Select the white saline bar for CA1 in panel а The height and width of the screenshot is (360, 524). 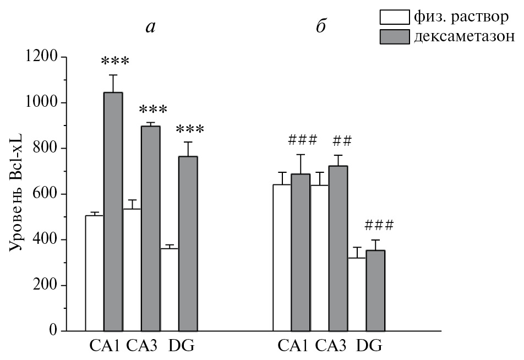pos(94,273)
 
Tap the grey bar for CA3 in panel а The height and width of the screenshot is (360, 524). pos(150,228)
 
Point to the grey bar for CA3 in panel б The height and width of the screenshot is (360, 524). pos(338,248)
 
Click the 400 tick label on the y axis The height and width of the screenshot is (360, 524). pos(47,239)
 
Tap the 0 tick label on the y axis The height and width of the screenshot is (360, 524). pos(54,331)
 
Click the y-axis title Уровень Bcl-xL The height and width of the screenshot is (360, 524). pos(17,193)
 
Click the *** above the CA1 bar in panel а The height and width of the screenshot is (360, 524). pos(115,61)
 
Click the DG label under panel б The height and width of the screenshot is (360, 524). pos(369,346)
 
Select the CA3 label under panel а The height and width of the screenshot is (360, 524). pos(142,346)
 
